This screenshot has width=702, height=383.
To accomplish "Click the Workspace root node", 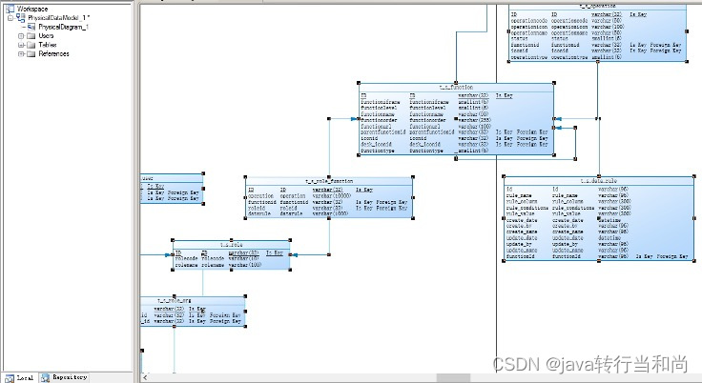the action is pos(31,9).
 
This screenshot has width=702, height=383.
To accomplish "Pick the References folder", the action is pos(53,54).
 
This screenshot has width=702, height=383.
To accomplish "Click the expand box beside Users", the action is pos(20,36).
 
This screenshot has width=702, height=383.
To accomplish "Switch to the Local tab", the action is pos(23,377).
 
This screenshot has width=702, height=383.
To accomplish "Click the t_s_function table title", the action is pos(455,87).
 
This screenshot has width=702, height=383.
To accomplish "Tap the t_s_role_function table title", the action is pos(329,180).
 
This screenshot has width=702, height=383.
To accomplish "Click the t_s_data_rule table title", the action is pos(598,180).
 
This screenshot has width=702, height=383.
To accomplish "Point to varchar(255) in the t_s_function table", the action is pos(474,118).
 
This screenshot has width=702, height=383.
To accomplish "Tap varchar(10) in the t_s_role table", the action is pos(242,258).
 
